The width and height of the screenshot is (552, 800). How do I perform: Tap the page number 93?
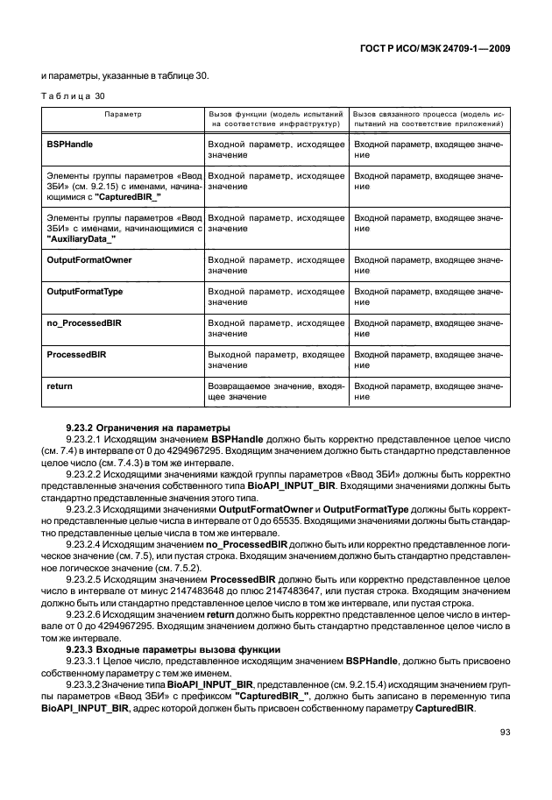click(504, 733)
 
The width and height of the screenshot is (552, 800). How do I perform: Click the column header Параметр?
click(123, 115)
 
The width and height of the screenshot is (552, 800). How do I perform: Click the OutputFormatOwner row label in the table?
click(88, 261)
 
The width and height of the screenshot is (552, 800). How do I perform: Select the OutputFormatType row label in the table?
click(84, 292)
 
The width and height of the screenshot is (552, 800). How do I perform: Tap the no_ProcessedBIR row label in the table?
click(83, 323)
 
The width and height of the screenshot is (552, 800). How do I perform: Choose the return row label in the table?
click(59, 386)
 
